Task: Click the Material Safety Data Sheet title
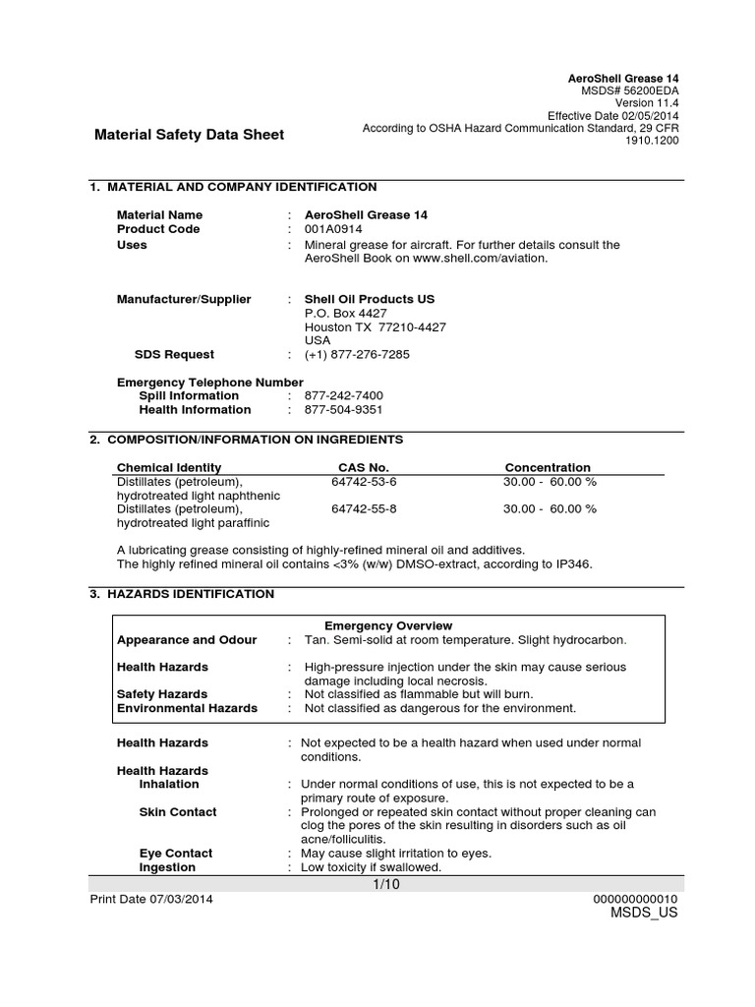click(188, 135)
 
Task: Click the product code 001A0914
click(334, 229)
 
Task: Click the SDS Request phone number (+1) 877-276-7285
click(357, 354)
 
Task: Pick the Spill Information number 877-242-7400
click(343, 395)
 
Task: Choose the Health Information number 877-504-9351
click(343, 409)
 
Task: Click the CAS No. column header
click(364, 467)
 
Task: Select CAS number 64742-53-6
click(365, 482)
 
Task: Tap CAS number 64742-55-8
click(365, 508)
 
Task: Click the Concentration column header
click(548, 467)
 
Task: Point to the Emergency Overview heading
click(388, 625)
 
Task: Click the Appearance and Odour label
click(187, 639)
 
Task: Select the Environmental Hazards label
click(187, 708)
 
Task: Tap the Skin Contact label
click(178, 812)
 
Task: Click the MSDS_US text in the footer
click(644, 913)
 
